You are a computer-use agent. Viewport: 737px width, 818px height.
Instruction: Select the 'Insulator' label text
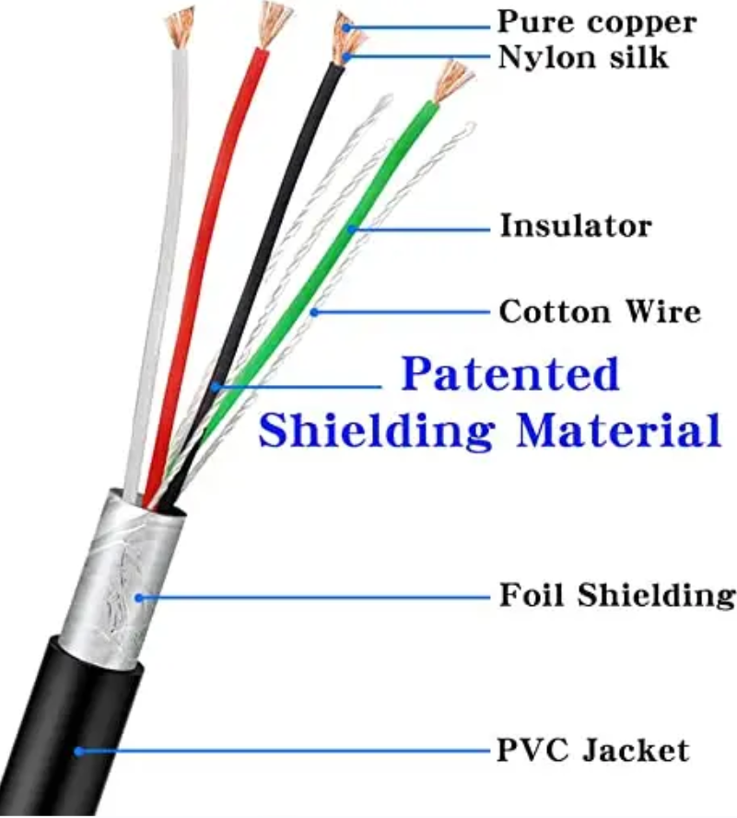click(576, 226)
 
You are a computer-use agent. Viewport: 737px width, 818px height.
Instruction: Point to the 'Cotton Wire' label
click(600, 311)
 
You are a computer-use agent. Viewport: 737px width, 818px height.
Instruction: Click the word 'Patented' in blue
click(510, 375)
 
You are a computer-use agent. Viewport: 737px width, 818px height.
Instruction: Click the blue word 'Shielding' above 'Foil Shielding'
click(379, 430)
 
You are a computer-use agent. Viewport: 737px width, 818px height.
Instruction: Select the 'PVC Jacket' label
click(592, 750)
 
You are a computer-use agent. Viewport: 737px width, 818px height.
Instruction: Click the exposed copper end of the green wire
click(453, 80)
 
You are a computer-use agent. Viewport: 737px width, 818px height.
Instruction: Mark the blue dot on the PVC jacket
click(79, 751)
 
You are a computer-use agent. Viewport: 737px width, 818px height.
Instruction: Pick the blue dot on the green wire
click(351, 228)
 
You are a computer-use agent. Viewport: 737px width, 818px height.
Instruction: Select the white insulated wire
click(157, 276)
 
